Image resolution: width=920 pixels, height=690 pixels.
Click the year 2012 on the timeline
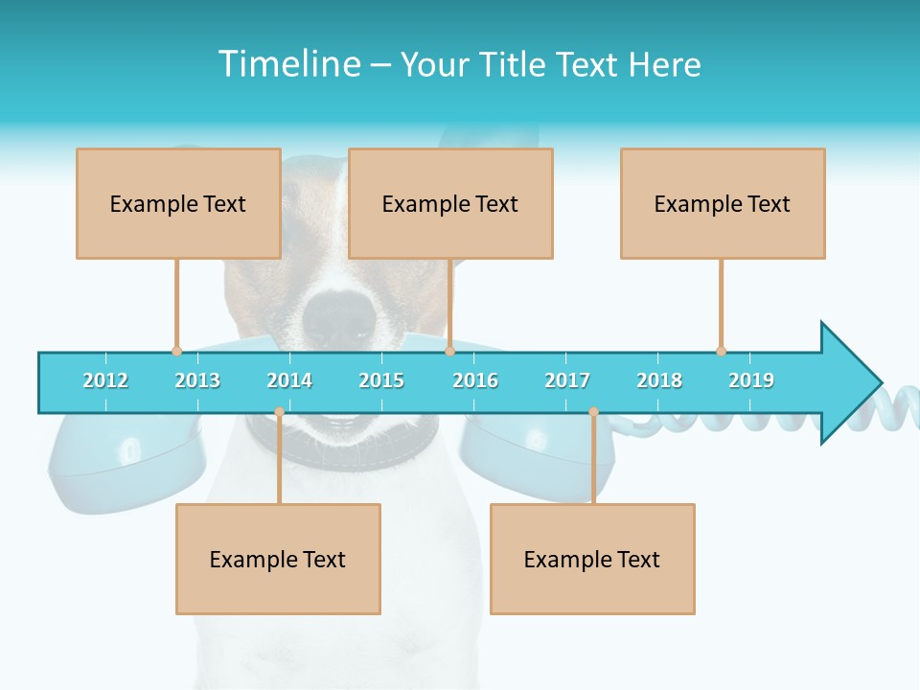pos(105,380)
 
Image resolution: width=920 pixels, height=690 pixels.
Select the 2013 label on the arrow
pos(197,380)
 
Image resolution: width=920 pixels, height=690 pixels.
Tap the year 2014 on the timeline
pos(289,380)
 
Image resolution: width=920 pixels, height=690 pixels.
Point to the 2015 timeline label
pos(381,380)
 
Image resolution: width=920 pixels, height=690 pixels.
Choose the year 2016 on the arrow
pos(475,380)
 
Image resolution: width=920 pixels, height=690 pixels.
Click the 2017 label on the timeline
pos(567,380)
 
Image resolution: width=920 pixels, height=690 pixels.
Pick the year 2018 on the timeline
pos(659,380)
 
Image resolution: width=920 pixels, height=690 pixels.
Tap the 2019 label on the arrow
pos(751,380)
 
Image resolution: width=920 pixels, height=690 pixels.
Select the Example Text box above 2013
pos(178,203)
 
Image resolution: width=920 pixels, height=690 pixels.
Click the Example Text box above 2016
pos(450,203)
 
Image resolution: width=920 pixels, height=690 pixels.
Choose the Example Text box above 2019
pos(723,203)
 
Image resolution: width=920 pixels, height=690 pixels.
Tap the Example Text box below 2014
pos(278,559)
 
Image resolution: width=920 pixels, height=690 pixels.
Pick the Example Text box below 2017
pos(592,559)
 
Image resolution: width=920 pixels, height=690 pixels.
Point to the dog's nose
pos(340,311)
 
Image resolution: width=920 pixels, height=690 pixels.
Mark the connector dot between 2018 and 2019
pos(721,351)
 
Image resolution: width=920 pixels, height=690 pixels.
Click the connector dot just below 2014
pos(279,412)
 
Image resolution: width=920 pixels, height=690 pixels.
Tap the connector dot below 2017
pos(593,412)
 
